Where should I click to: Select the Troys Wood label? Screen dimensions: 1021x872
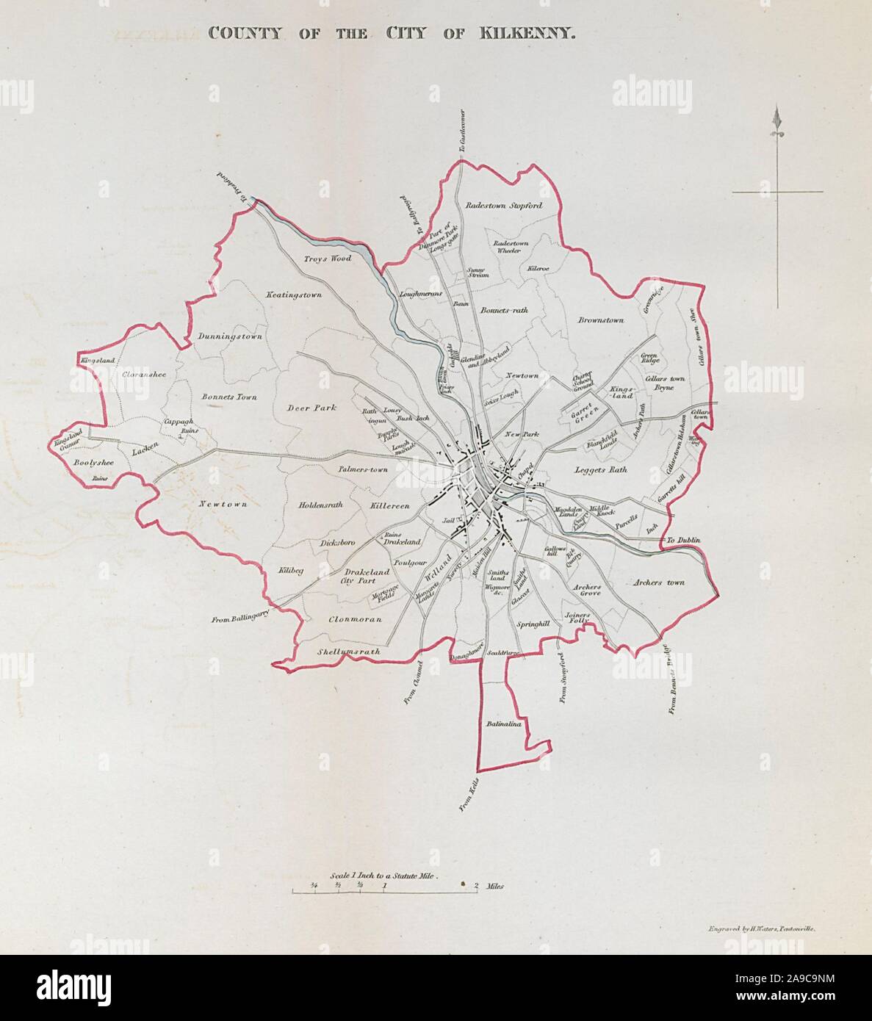point(328,259)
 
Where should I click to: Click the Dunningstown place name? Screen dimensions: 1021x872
point(230,336)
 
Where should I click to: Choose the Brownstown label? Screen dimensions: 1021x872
point(600,320)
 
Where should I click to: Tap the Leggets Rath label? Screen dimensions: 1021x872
point(601,469)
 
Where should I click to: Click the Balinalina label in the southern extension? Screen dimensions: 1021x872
point(503,724)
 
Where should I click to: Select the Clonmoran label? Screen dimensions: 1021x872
point(356,619)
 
